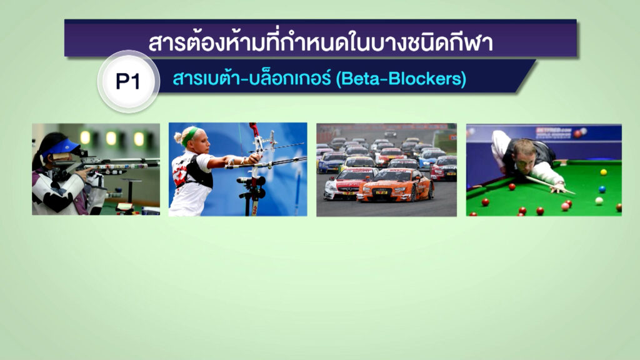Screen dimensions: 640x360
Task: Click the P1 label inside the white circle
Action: point(127,81)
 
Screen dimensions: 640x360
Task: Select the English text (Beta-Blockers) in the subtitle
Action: point(401,78)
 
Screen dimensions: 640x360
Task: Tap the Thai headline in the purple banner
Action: point(321,42)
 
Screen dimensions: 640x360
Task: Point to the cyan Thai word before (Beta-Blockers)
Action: point(251,77)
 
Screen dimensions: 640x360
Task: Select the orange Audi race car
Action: point(395,186)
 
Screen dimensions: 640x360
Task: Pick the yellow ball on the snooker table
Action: point(604,172)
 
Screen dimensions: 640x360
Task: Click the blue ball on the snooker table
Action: point(602,189)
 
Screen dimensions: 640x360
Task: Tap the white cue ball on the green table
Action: point(599,201)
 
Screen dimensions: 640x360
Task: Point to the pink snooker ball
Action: point(565,206)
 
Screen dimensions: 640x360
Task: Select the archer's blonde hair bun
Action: point(178,137)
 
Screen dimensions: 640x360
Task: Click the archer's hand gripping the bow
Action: point(254,158)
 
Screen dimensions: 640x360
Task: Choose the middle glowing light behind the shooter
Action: point(111,138)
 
